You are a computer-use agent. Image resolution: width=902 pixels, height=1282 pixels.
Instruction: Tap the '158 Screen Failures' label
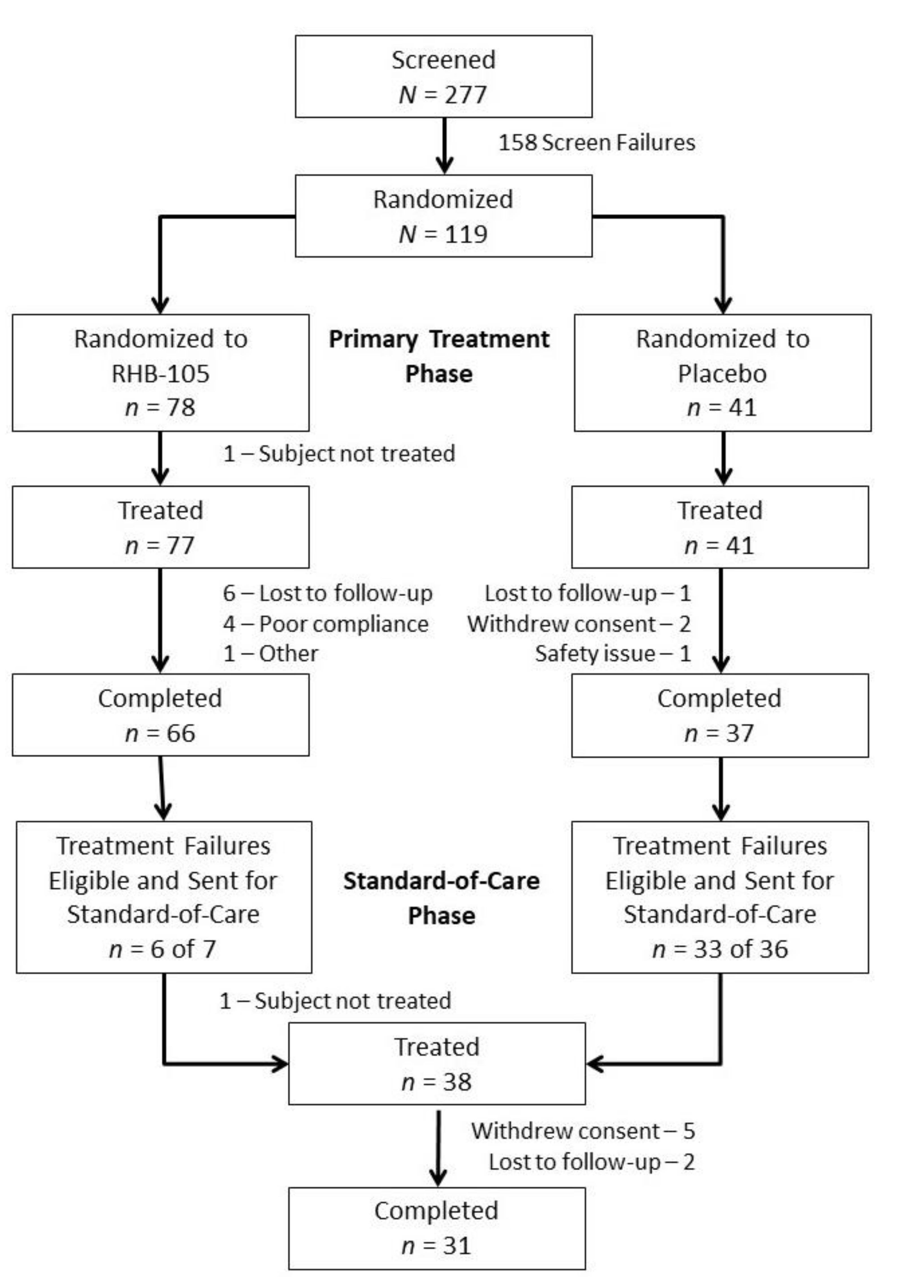pos(596,142)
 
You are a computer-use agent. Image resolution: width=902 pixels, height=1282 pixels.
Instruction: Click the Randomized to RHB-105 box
pos(161,373)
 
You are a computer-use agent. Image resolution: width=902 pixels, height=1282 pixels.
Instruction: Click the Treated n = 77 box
pos(161,527)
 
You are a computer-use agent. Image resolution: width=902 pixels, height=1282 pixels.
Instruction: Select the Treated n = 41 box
pos(720,527)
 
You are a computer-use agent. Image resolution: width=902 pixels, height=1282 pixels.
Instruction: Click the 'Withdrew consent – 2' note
pos(579,624)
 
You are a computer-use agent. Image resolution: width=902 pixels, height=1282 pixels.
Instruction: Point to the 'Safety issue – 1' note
pos(613,653)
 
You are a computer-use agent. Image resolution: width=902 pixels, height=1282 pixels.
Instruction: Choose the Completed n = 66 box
pos(161,715)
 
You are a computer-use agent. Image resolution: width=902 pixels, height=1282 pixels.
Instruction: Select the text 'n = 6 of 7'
pos(162,949)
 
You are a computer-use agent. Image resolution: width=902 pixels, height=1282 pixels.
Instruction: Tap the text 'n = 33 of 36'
pos(720,949)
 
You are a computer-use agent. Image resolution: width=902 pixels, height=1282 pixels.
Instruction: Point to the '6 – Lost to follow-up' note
pos(328,593)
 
